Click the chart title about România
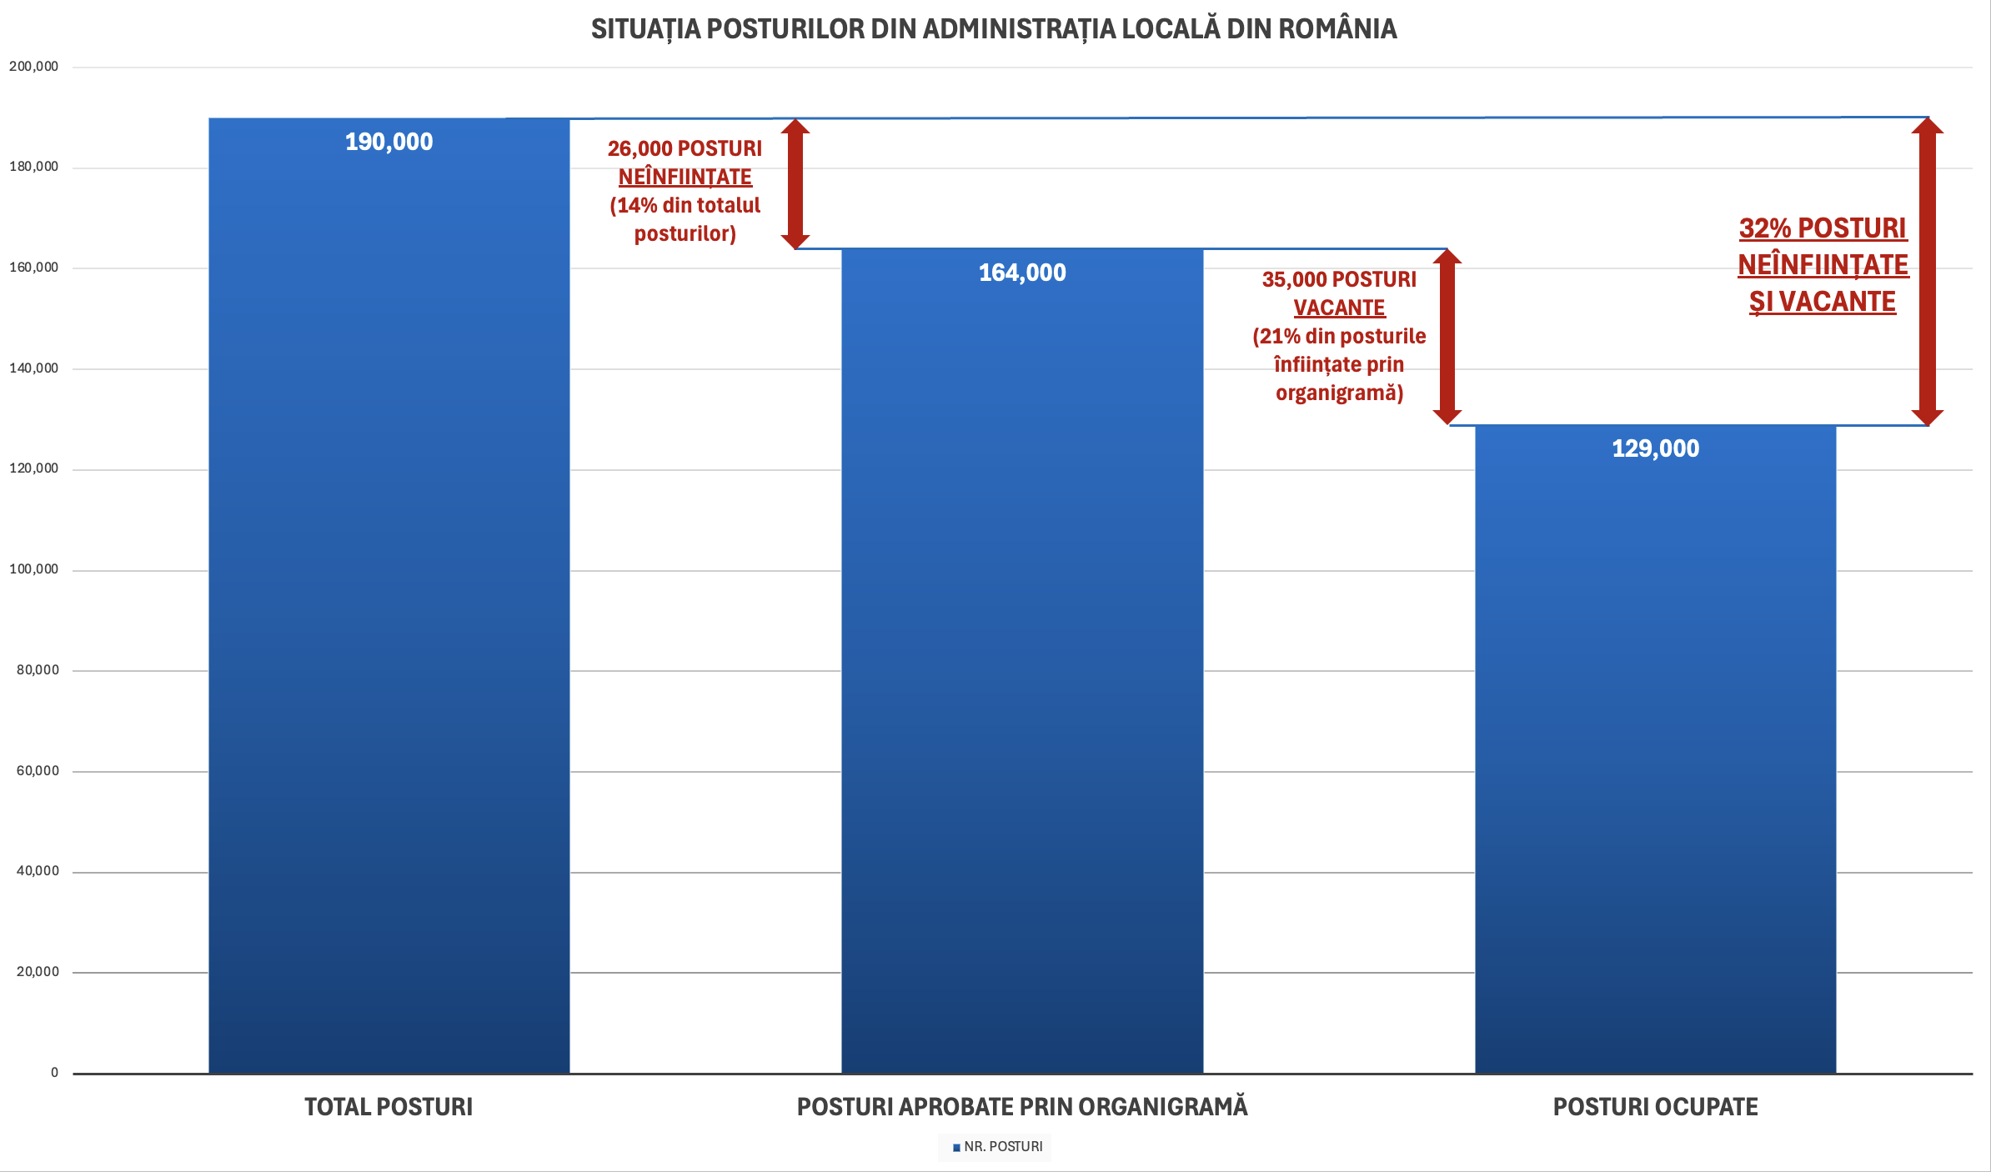point(994,29)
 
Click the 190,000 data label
point(389,142)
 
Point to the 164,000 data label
point(1022,273)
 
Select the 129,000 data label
point(1655,448)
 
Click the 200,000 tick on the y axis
point(34,67)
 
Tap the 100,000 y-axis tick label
point(34,569)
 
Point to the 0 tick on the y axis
point(55,1073)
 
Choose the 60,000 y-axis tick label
point(38,771)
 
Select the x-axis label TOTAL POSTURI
point(389,1107)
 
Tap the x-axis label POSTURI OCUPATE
point(1655,1107)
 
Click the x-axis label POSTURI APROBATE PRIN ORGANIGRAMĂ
point(1022,1107)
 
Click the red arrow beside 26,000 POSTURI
point(795,183)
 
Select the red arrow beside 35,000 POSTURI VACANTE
point(1447,337)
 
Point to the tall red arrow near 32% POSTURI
point(1928,271)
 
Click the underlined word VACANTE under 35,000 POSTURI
point(1339,308)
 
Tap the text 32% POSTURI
point(1823,228)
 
